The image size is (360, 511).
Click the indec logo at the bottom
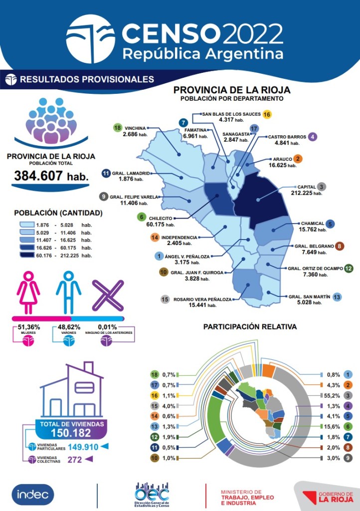(x=33, y=495)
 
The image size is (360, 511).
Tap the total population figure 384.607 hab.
(x=51, y=176)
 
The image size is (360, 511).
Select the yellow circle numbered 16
(x=267, y=114)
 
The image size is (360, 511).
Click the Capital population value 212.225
(x=302, y=193)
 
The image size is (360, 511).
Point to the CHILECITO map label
(x=161, y=219)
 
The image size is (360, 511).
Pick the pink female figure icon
(x=28, y=292)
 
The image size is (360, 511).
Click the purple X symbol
(x=108, y=295)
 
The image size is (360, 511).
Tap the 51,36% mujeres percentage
(x=29, y=327)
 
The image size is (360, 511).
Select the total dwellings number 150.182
(x=71, y=433)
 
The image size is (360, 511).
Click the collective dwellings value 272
(x=74, y=460)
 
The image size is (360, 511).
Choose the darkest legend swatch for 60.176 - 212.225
(x=27, y=255)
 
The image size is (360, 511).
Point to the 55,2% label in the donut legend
(x=332, y=396)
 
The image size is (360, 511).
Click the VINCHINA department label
(x=135, y=128)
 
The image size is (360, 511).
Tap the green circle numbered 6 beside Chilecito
(x=142, y=217)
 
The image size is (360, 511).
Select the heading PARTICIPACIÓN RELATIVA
(x=250, y=327)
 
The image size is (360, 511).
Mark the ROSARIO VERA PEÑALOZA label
(x=202, y=299)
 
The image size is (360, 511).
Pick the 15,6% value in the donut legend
(x=332, y=427)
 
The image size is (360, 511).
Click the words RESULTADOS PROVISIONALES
(x=87, y=79)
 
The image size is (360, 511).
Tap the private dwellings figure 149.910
(x=83, y=447)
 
